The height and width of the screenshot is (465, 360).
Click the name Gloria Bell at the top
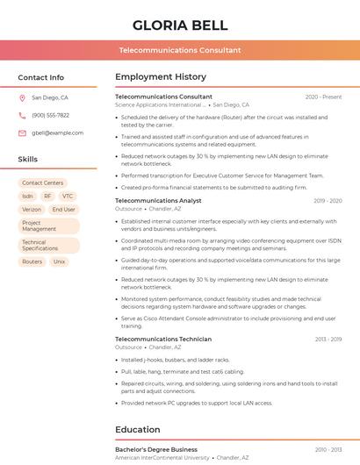(180, 25)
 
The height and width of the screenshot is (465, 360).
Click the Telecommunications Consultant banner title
(180, 50)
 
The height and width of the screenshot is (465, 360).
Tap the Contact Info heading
(41, 77)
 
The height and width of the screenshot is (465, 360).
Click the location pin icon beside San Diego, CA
(22, 98)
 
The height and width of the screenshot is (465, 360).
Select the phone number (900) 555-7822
(50, 115)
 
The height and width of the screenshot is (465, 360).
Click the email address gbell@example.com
(57, 132)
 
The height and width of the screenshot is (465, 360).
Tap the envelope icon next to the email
(22, 132)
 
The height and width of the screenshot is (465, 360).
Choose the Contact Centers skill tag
(42, 182)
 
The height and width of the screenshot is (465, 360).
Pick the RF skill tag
(47, 196)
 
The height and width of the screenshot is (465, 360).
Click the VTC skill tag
(68, 196)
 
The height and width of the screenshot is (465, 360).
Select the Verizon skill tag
(32, 210)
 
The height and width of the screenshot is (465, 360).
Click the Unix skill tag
(59, 261)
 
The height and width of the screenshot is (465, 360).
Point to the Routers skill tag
(32, 261)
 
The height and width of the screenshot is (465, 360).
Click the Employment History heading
(161, 77)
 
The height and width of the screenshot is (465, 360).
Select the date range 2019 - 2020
(328, 201)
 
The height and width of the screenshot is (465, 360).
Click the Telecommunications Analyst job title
(158, 201)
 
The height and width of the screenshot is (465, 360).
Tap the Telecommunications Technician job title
(163, 339)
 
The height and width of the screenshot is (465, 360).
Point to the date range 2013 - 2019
(328, 339)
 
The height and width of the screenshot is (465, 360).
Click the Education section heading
(140, 430)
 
